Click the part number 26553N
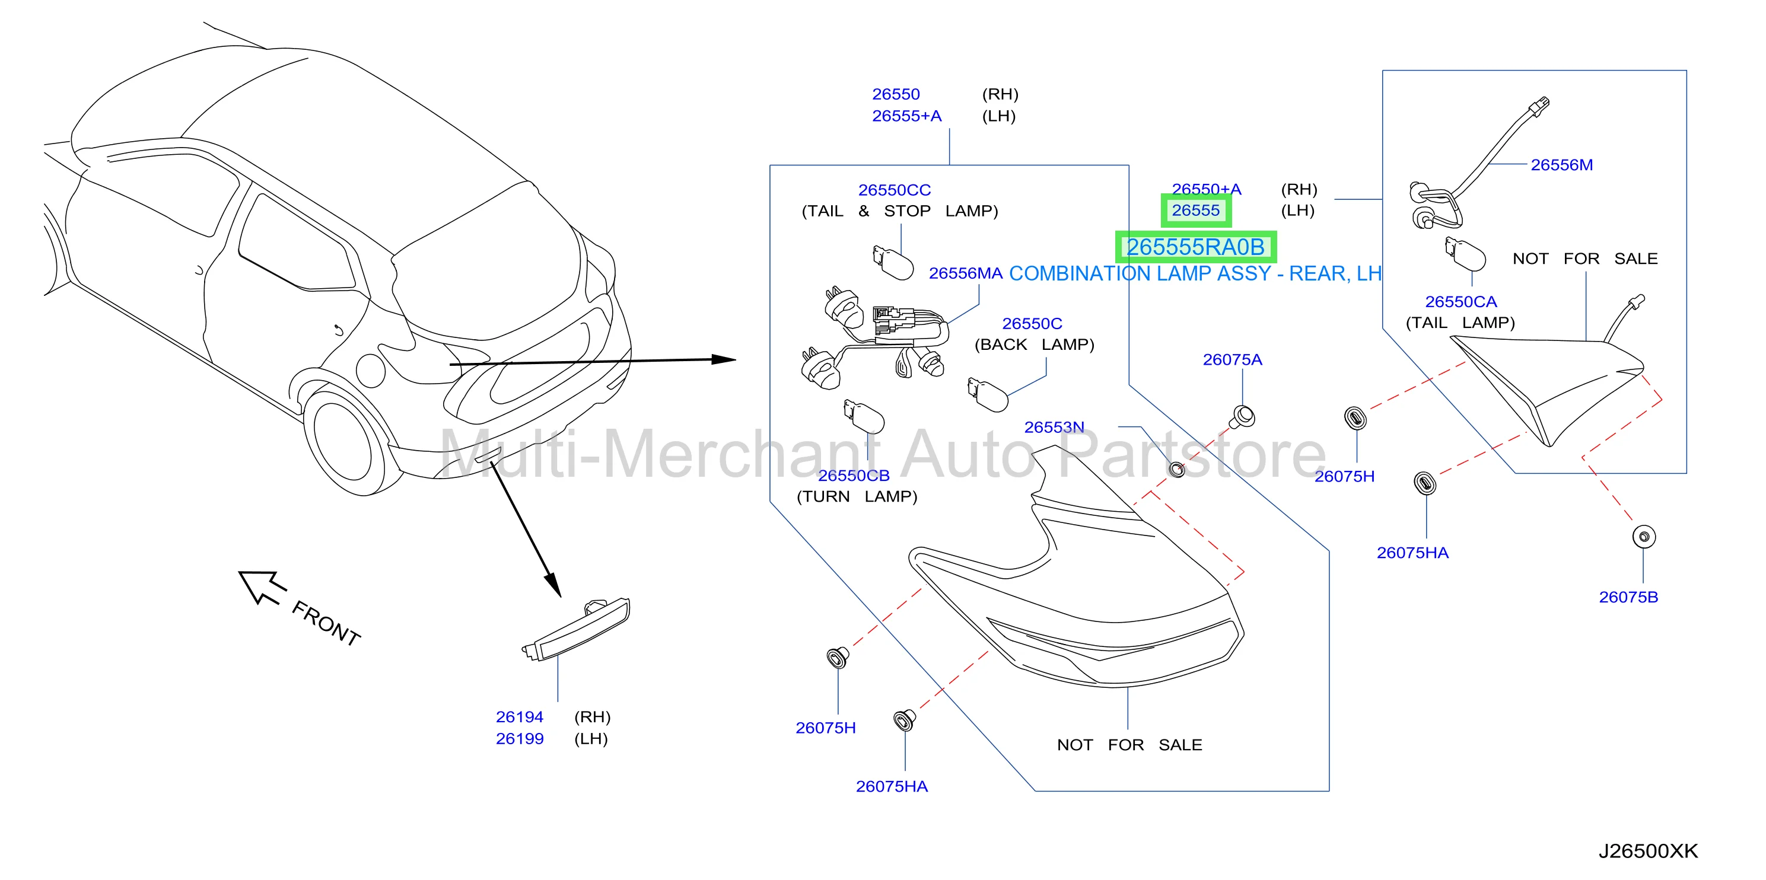point(1054,427)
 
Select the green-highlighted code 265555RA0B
point(1195,247)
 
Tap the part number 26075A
point(1232,359)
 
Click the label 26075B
point(1628,597)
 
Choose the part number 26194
point(519,717)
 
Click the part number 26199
point(519,739)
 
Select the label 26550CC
point(894,190)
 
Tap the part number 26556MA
point(965,273)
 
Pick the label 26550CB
point(854,476)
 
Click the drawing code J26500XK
point(1648,851)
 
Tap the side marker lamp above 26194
point(576,629)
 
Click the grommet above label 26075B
point(1644,536)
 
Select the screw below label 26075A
point(1243,417)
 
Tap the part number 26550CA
point(1460,302)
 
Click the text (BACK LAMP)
point(1034,345)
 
